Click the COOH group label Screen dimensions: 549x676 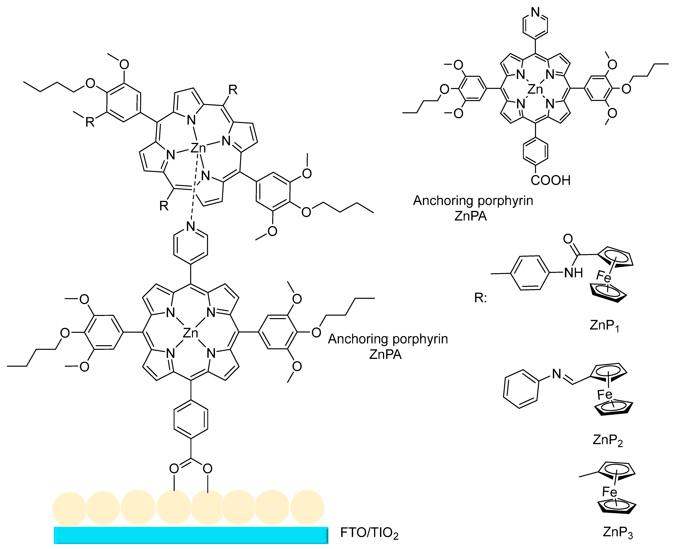pyautogui.click(x=551, y=180)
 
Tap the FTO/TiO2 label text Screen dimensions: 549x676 pyautogui.click(x=369, y=533)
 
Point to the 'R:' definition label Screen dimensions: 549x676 pyautogui.click(x=480, y=298)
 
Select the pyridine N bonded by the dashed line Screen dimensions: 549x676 pyautogui.click(x=191, y=226)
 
